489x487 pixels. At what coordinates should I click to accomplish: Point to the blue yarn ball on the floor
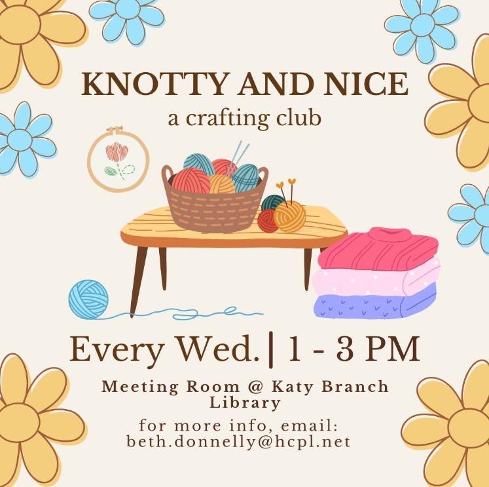(88, 299)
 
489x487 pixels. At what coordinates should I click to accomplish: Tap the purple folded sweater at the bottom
(374, 302)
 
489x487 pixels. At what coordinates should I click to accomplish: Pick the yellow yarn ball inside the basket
(221, 185)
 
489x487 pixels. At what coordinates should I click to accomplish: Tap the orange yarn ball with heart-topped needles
(289, 216)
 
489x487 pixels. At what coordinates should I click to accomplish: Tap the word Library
(245, 402)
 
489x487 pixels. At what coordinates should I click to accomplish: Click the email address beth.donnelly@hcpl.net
(238, 442)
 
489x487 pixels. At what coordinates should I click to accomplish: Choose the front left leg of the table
(138, 281)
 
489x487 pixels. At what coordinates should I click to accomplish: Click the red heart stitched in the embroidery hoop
(117, 152)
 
